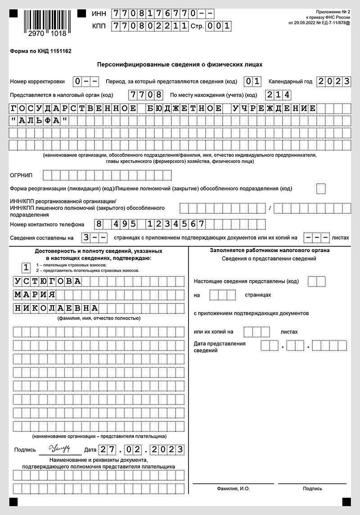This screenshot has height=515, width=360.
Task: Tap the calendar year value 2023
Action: coord(333,81)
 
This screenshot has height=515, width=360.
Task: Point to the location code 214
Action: coord(278,95)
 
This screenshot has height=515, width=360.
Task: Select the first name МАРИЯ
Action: coord(35,295)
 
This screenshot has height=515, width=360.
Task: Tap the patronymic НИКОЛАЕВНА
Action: coord(56,308)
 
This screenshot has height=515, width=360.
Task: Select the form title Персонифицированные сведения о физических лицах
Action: coord(180,64)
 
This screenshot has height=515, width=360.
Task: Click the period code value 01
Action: coord(253,81)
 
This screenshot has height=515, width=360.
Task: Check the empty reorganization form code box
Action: coord(321,189)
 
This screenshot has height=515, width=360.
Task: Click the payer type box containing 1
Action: coord(27,268)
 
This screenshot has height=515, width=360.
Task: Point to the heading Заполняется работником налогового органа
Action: coord(270,250)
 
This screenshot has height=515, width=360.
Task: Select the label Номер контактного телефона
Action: coord(47,224)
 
